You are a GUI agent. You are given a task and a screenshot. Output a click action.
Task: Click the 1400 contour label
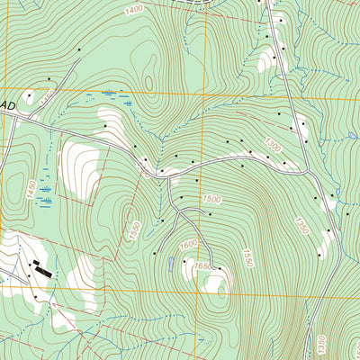(134, 9)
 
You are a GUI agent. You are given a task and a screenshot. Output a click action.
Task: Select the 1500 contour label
(212, 199)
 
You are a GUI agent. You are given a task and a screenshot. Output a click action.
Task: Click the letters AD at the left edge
(10, 105)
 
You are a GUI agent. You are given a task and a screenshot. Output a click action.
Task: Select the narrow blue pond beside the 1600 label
(171, 263)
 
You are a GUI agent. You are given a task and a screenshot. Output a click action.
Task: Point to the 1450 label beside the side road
(47, 94)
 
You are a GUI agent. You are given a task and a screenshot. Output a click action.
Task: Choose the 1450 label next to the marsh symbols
(31, 190)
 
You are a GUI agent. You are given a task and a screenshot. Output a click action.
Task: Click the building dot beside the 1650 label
(219, 268)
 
